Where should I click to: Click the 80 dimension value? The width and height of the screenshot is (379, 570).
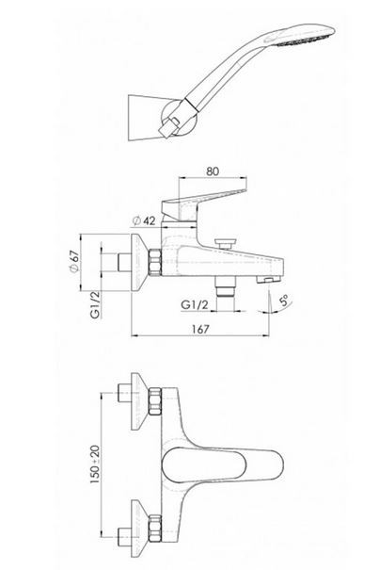tap(213, 171)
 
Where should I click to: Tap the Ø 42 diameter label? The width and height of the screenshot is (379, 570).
tap(144, 220)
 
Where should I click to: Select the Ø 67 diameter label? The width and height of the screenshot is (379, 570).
tap(74, 261)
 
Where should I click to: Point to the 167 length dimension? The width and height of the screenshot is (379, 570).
tap(200, 329)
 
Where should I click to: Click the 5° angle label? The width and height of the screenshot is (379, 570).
tap(284, 301)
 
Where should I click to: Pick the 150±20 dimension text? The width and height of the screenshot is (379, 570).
tap(95, 464)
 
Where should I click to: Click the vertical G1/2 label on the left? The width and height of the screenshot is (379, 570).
tap(95, 305)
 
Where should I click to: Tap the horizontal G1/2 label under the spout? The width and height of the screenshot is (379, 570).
tap(195, 304)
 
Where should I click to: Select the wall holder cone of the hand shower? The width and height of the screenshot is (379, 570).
tap(145, 118)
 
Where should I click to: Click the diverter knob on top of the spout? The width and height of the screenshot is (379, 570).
tap(225, 242)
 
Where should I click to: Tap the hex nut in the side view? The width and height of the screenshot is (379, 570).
tap(155, 262)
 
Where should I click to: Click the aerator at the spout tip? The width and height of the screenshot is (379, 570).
tap(268, 279)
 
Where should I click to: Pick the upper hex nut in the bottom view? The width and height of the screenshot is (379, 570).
tap(155, 401)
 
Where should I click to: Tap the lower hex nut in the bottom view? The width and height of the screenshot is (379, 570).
tap(155, 528)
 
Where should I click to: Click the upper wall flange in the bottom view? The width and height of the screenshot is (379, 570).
tap(138, 401)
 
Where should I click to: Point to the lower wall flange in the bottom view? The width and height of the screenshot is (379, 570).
tap(138, 528)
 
